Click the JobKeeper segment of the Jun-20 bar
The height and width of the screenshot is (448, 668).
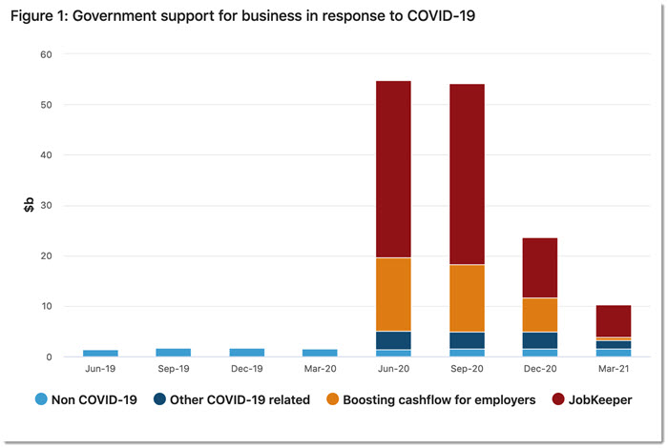click(x=393, y=170)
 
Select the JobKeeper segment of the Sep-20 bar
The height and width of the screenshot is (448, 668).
click(x=467, y=174)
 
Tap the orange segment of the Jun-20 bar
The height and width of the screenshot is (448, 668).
click(x=393, y=295)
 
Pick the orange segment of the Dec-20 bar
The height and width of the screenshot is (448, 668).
click(x=540, y=315)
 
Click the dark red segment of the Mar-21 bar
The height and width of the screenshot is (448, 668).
click(x=614, y=320)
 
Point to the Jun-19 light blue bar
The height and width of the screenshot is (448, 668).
click(x=100, y=354)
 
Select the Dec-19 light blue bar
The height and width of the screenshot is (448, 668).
click(x=247, y=353)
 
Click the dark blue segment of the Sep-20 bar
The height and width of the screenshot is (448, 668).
click(x=467, y=340)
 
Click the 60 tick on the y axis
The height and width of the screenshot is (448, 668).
click(x=46, y=54)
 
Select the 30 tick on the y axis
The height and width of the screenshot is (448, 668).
click(x=46, y=206)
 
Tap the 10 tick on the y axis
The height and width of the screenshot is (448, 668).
click(x=46, y=307)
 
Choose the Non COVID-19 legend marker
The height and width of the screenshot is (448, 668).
click(x=42, y=400)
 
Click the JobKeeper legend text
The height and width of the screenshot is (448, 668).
click(x=599, y=400)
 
